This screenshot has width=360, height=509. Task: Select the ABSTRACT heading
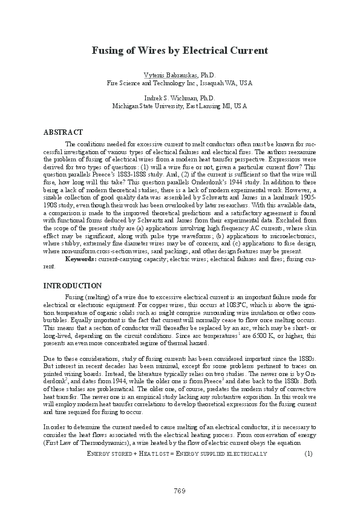click(63, 131)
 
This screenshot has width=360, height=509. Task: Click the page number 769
click(179, 489)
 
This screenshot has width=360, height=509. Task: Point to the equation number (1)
click(308, 453)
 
